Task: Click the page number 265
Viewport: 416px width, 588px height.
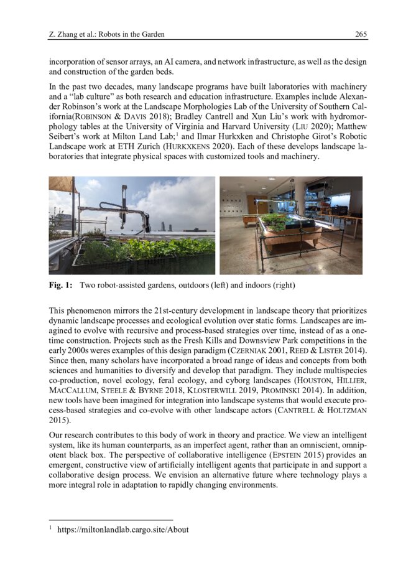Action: [360, 34]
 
